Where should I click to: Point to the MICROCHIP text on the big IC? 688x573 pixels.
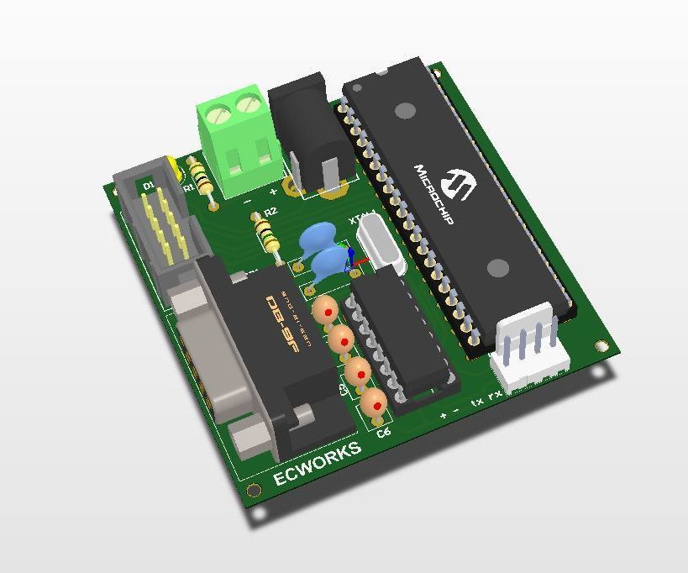pyautogui.click(x=433, y=194)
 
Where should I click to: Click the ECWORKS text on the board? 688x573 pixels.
pyautogui.click(x=318, y=464)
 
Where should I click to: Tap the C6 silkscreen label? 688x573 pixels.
pyautogui.click(x=384, y=433)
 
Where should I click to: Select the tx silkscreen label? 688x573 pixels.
pyautogui.click(x=477, y=402)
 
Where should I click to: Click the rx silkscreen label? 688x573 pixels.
pyautogui.click(x=496, y=393)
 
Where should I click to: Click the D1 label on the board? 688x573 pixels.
pyautogui.click(x=148, y=185)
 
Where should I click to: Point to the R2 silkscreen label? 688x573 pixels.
pyautogui.click(x=270, y=212)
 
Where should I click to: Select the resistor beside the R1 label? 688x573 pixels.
pyautogui.click(x=202, y=179)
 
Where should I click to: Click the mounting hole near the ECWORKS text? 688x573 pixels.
pyautogui.click(x=253, y=491)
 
